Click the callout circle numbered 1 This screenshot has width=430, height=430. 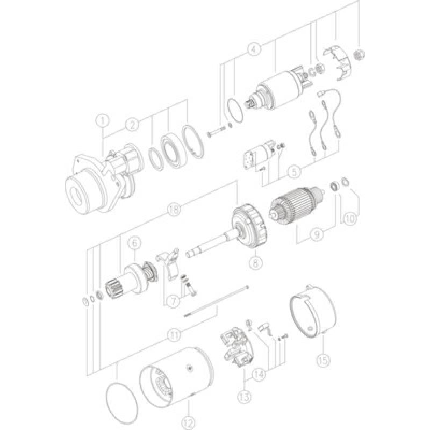click(x=103, y=120)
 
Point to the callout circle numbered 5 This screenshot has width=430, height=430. click(x=293, y=173)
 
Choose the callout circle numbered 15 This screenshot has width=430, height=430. click(x=322, y=357)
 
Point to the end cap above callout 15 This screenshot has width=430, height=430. click(x=312, y=312)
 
